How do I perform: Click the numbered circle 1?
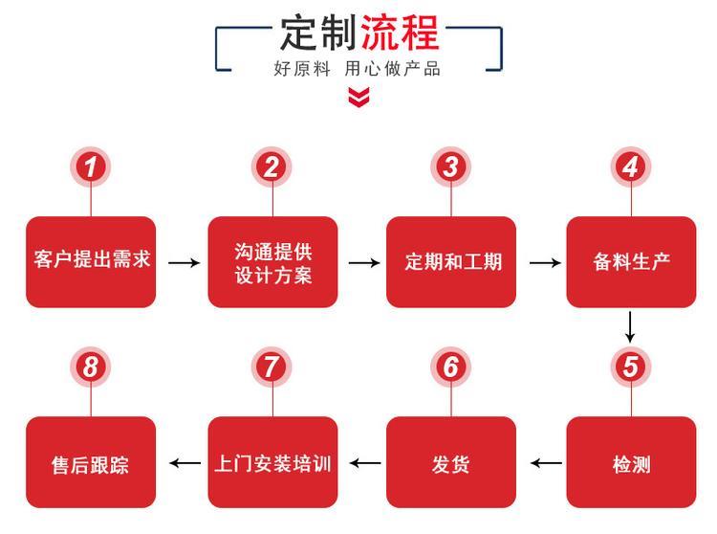coord(91,167)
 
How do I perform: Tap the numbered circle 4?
coord(630,167)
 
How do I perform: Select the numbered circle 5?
coord(630,367)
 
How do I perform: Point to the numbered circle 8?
coord(91,367)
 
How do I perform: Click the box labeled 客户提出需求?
coord(91,261)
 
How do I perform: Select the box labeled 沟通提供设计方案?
coord(272,261)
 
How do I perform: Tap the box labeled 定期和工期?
coord(451,261)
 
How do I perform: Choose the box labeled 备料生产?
coord(631,261)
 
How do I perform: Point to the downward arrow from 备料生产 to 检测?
coord(630,327)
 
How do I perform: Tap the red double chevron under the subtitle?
coord(358,97)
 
